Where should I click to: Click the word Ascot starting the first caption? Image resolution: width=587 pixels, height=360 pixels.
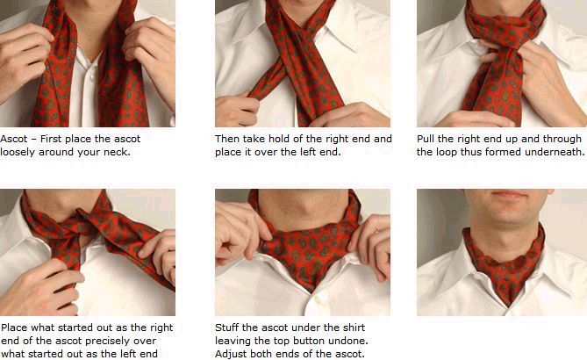[x=14, y=139]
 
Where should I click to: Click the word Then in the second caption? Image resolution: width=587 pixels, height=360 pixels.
[x=227, y=139]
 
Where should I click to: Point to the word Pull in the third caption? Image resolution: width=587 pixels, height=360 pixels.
[x=426, y=139]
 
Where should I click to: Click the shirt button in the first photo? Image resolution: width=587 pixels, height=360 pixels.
[x=92, y=76]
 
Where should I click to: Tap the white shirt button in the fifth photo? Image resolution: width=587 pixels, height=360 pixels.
[x=318, y=299]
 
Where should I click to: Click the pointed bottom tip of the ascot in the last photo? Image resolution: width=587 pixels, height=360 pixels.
[x=508, y=306]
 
